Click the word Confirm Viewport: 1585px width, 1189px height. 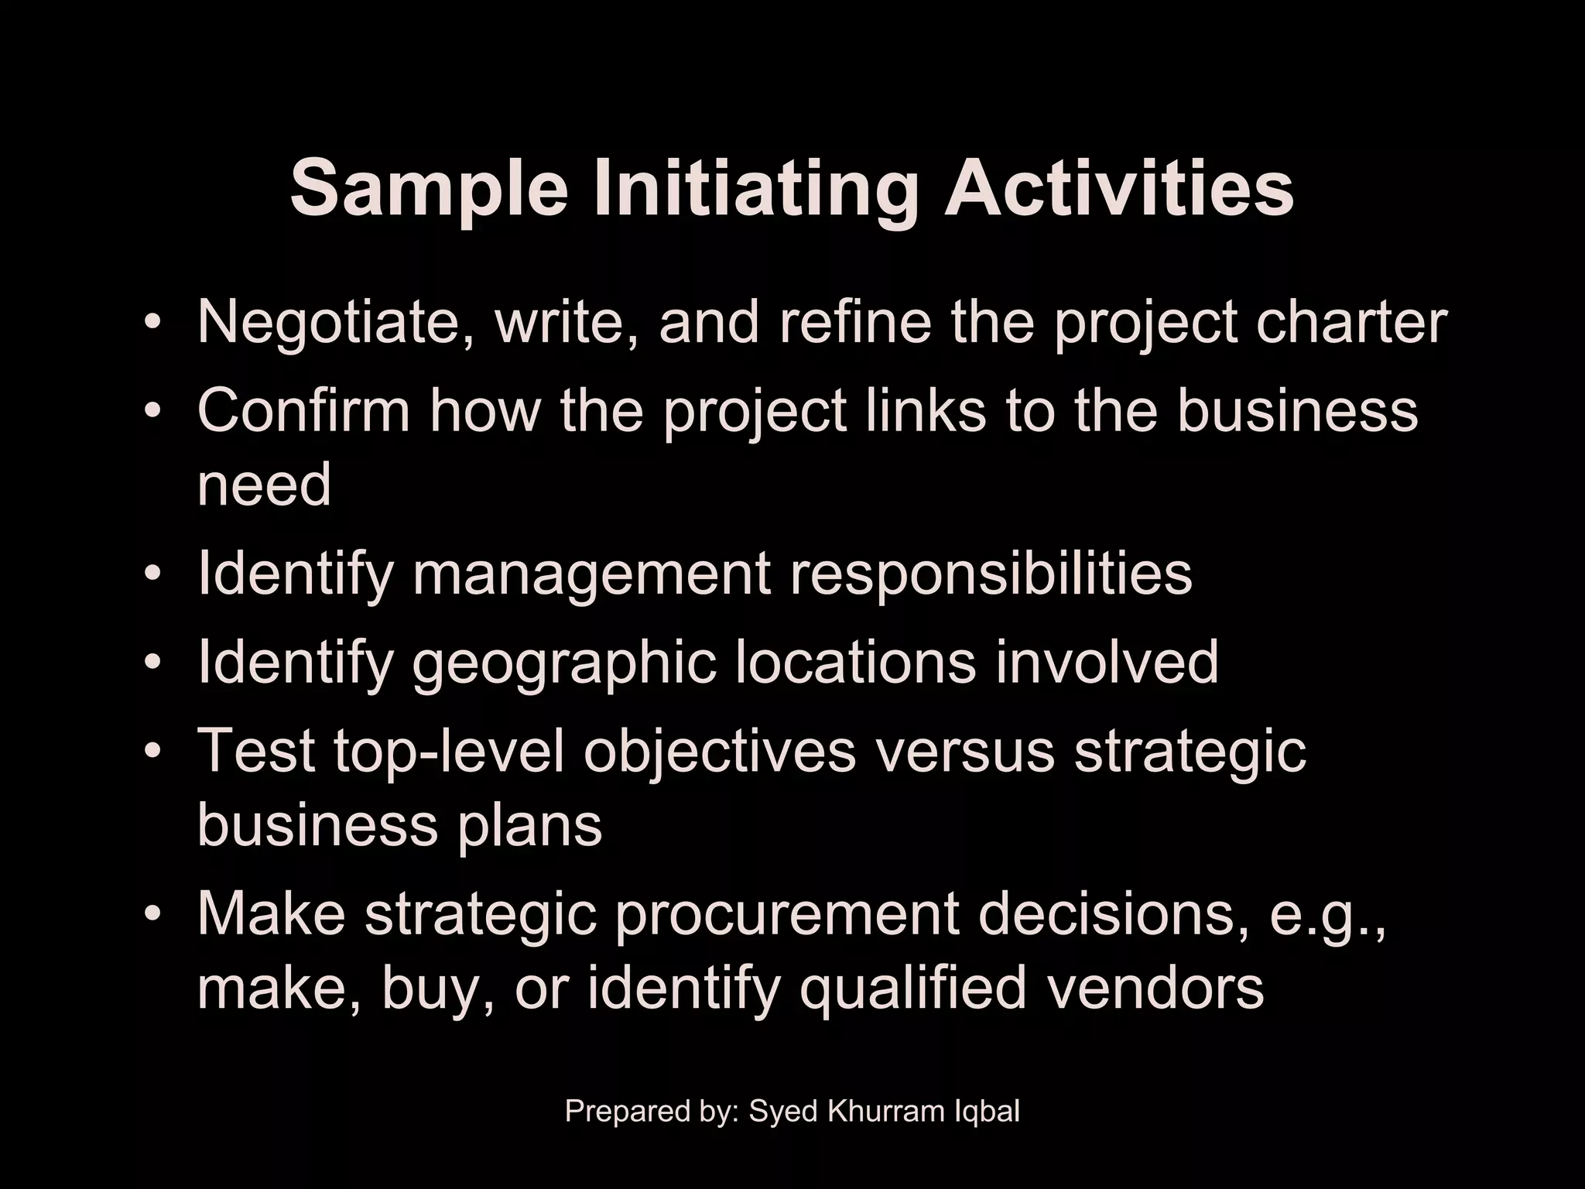(x=303, y=410)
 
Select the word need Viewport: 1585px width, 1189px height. (x=264, y=485)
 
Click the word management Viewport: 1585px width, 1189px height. (x=591, y=574)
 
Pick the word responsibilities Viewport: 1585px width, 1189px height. (x=991, y=574)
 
